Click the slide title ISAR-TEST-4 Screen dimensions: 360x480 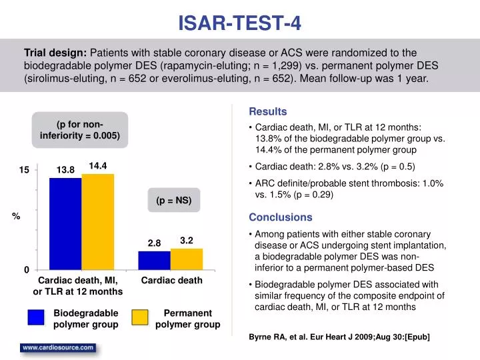239,24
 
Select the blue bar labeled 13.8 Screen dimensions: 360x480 65,223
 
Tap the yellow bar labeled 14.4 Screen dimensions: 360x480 98,221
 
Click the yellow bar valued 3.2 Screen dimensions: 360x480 187,259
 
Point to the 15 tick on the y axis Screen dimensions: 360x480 24,171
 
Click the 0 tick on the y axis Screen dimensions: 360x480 27,270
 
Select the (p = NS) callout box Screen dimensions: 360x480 174,200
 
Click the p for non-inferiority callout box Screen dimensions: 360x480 79,129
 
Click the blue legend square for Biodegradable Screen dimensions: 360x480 36,318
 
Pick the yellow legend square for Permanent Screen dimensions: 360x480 140,318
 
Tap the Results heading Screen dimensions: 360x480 268,111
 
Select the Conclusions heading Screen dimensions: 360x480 280,217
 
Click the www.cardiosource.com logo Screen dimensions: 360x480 58,348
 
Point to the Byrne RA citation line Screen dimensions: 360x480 339,337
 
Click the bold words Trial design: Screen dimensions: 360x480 55,53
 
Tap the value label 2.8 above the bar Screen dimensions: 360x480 154,243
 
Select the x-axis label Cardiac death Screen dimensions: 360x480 171,281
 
